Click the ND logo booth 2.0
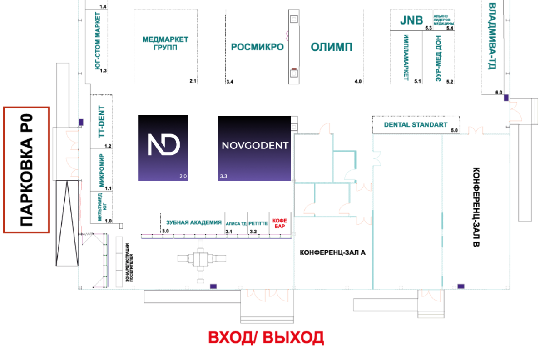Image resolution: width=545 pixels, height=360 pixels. coord(163,148)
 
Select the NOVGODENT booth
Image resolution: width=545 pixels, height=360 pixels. coord(254,148)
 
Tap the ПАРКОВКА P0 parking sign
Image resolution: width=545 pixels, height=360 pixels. coord(26,170)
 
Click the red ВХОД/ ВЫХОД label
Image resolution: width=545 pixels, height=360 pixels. coord(266,338)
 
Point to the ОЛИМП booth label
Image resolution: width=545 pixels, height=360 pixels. coord(332,47)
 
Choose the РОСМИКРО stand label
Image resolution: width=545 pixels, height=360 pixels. coord(257,47)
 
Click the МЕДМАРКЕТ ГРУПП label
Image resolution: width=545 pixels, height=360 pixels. coord(165,43)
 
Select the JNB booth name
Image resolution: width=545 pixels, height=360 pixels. coord(411,20)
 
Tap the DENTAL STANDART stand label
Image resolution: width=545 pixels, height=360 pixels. coord(416,125)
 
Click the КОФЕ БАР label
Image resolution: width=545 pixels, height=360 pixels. coord(280,223)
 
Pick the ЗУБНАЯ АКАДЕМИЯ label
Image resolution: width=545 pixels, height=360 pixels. coord(193,222)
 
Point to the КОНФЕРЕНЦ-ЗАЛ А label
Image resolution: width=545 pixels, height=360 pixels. coord(332,252)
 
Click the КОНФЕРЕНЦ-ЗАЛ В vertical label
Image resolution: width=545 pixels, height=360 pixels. coord(476,207)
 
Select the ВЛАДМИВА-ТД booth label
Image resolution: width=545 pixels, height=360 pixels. coord(492,36)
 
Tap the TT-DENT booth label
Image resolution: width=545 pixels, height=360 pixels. coord(101,122)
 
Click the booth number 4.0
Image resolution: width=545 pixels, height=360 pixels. coord(358,81)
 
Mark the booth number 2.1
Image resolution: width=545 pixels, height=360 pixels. coord(193,81)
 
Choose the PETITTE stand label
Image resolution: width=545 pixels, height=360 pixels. coord(258,223)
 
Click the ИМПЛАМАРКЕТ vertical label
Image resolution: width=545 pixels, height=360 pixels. coord(406,57)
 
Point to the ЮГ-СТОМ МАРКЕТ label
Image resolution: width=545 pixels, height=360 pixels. coord(98,41)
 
